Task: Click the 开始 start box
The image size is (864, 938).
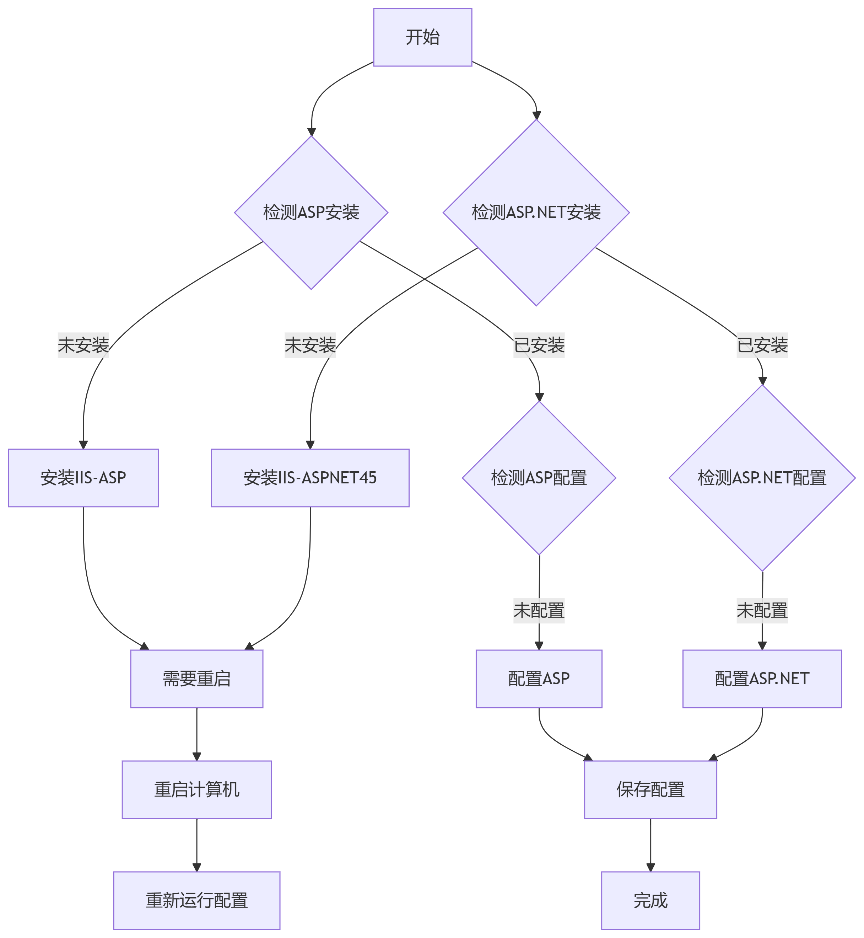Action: pyautogui.click(x=422, y=37)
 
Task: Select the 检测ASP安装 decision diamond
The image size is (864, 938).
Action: pyautogui.click(x=311, y=213)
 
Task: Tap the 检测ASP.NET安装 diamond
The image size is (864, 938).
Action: pyautogui.click(x=536, y=213)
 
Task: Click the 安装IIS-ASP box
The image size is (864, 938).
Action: pyautogui.click(x=83, y=478)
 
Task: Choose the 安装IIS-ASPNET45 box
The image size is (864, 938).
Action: pyautogui.click(x=310, y=478)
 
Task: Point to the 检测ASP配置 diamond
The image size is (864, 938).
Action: pyautogui.click(x=539, y=478)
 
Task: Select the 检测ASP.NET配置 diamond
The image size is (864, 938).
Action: pyautogui.click(x=762, y=478)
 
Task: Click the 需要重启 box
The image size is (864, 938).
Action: pyautogui.click(x=196, y=679)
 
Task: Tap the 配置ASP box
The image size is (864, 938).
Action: pyautogui.click(x=539, y=679)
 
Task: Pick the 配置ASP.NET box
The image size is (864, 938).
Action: pyautogui.click(x=762, y=679)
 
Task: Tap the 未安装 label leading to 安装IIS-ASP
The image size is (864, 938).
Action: pyautogui.click(x=83, y=345)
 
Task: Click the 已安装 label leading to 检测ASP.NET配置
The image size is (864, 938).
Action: pyautogui.click(x=762, y=345)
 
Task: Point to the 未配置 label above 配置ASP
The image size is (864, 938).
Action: pyautogui.click(x=539, y=611)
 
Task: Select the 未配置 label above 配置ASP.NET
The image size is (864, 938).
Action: pyautogui.click(x=762, y=611)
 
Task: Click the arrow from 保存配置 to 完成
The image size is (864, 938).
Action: pyautogui.click(x=650, y=845)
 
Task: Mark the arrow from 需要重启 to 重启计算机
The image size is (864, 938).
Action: pyautogui.click(x=196, y=734)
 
